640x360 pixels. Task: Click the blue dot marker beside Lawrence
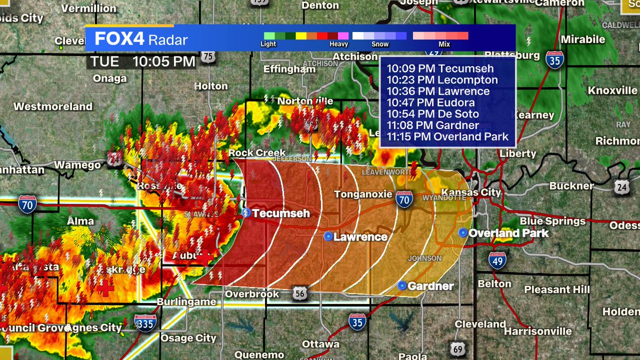click(329, 236)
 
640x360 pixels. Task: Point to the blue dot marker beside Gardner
click(402, 286)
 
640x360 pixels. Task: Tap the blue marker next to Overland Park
click(463, 233)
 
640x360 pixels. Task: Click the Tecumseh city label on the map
click(281, 213)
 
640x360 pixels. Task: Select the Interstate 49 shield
click(497, 260)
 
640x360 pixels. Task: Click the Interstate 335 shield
click(145, 323)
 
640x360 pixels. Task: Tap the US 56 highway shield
click(299, 292)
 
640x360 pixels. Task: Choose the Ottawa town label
click(321, 344)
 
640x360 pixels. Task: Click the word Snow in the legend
click(380, 44)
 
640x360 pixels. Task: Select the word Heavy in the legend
click(339, 44)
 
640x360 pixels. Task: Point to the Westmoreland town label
click(53, 107)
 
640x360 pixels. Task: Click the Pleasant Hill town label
click(557, 290)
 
